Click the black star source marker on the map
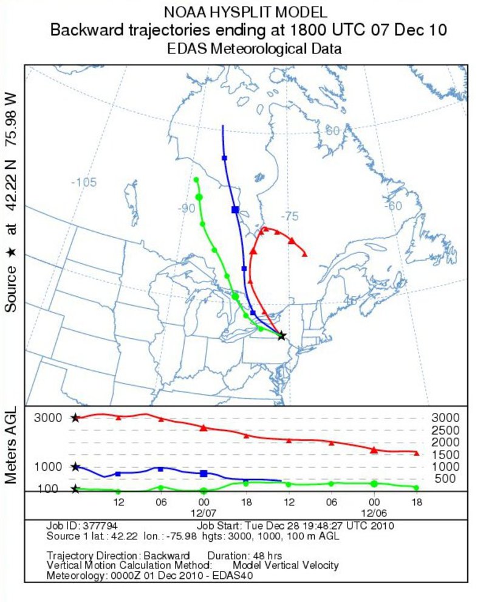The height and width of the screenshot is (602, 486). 281,336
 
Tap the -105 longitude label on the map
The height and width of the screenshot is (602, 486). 84,182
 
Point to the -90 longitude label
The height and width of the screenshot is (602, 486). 187,209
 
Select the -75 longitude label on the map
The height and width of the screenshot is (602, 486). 290,216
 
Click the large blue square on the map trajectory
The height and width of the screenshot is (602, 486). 235,209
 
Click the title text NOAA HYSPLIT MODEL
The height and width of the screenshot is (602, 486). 245,12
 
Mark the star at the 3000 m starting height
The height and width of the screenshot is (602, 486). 75,418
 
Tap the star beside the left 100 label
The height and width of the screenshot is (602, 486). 75,489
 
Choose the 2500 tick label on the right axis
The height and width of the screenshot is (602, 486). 445,431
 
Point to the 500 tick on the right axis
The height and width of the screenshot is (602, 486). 445,479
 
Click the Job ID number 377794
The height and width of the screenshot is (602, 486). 101,526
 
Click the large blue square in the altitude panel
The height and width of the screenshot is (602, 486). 204,473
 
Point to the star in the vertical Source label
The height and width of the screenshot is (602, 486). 11,250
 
